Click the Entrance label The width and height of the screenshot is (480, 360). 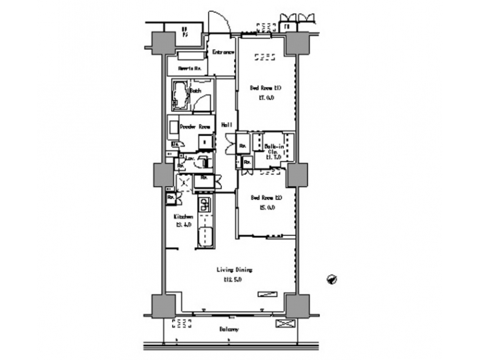(x=222, y=53)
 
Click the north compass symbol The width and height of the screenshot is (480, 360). (x=330, y=279)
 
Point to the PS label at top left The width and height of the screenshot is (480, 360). (x=185, y=31)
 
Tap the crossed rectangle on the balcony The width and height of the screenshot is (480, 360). (x=284, y=325)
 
